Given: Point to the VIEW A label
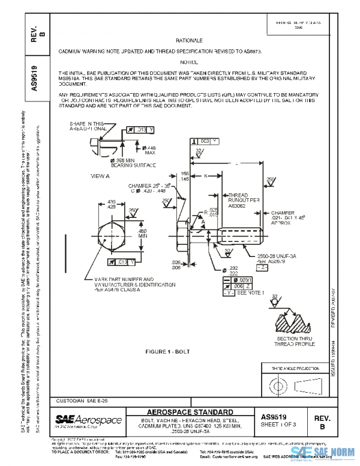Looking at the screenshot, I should pyautogui.click(x=100, y=177).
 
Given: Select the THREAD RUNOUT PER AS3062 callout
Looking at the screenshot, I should pyautogui.click(x=239, y=200).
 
